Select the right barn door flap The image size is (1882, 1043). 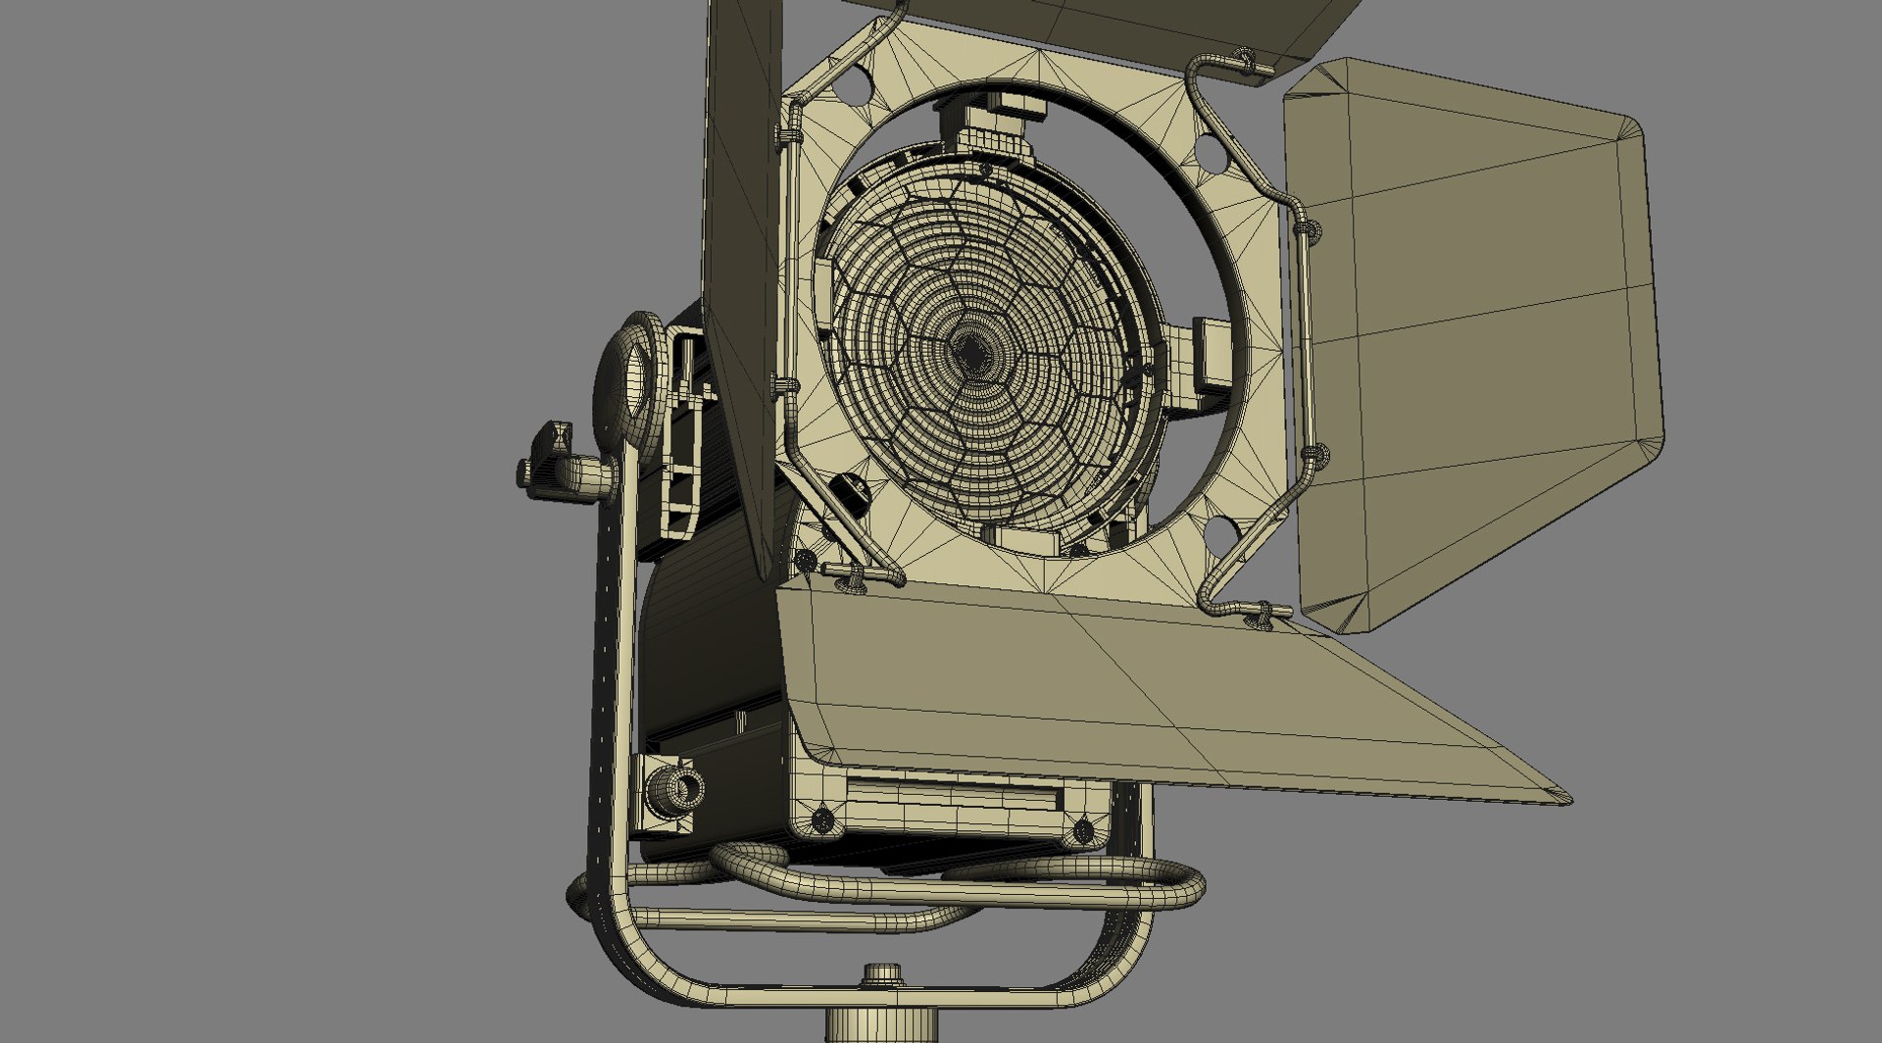[x=1470, y=333]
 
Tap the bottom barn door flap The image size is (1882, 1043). [x=1127, y=686]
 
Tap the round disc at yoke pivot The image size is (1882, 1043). [x=628, y=382]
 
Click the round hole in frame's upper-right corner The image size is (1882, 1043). [x=1210, y=152]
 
